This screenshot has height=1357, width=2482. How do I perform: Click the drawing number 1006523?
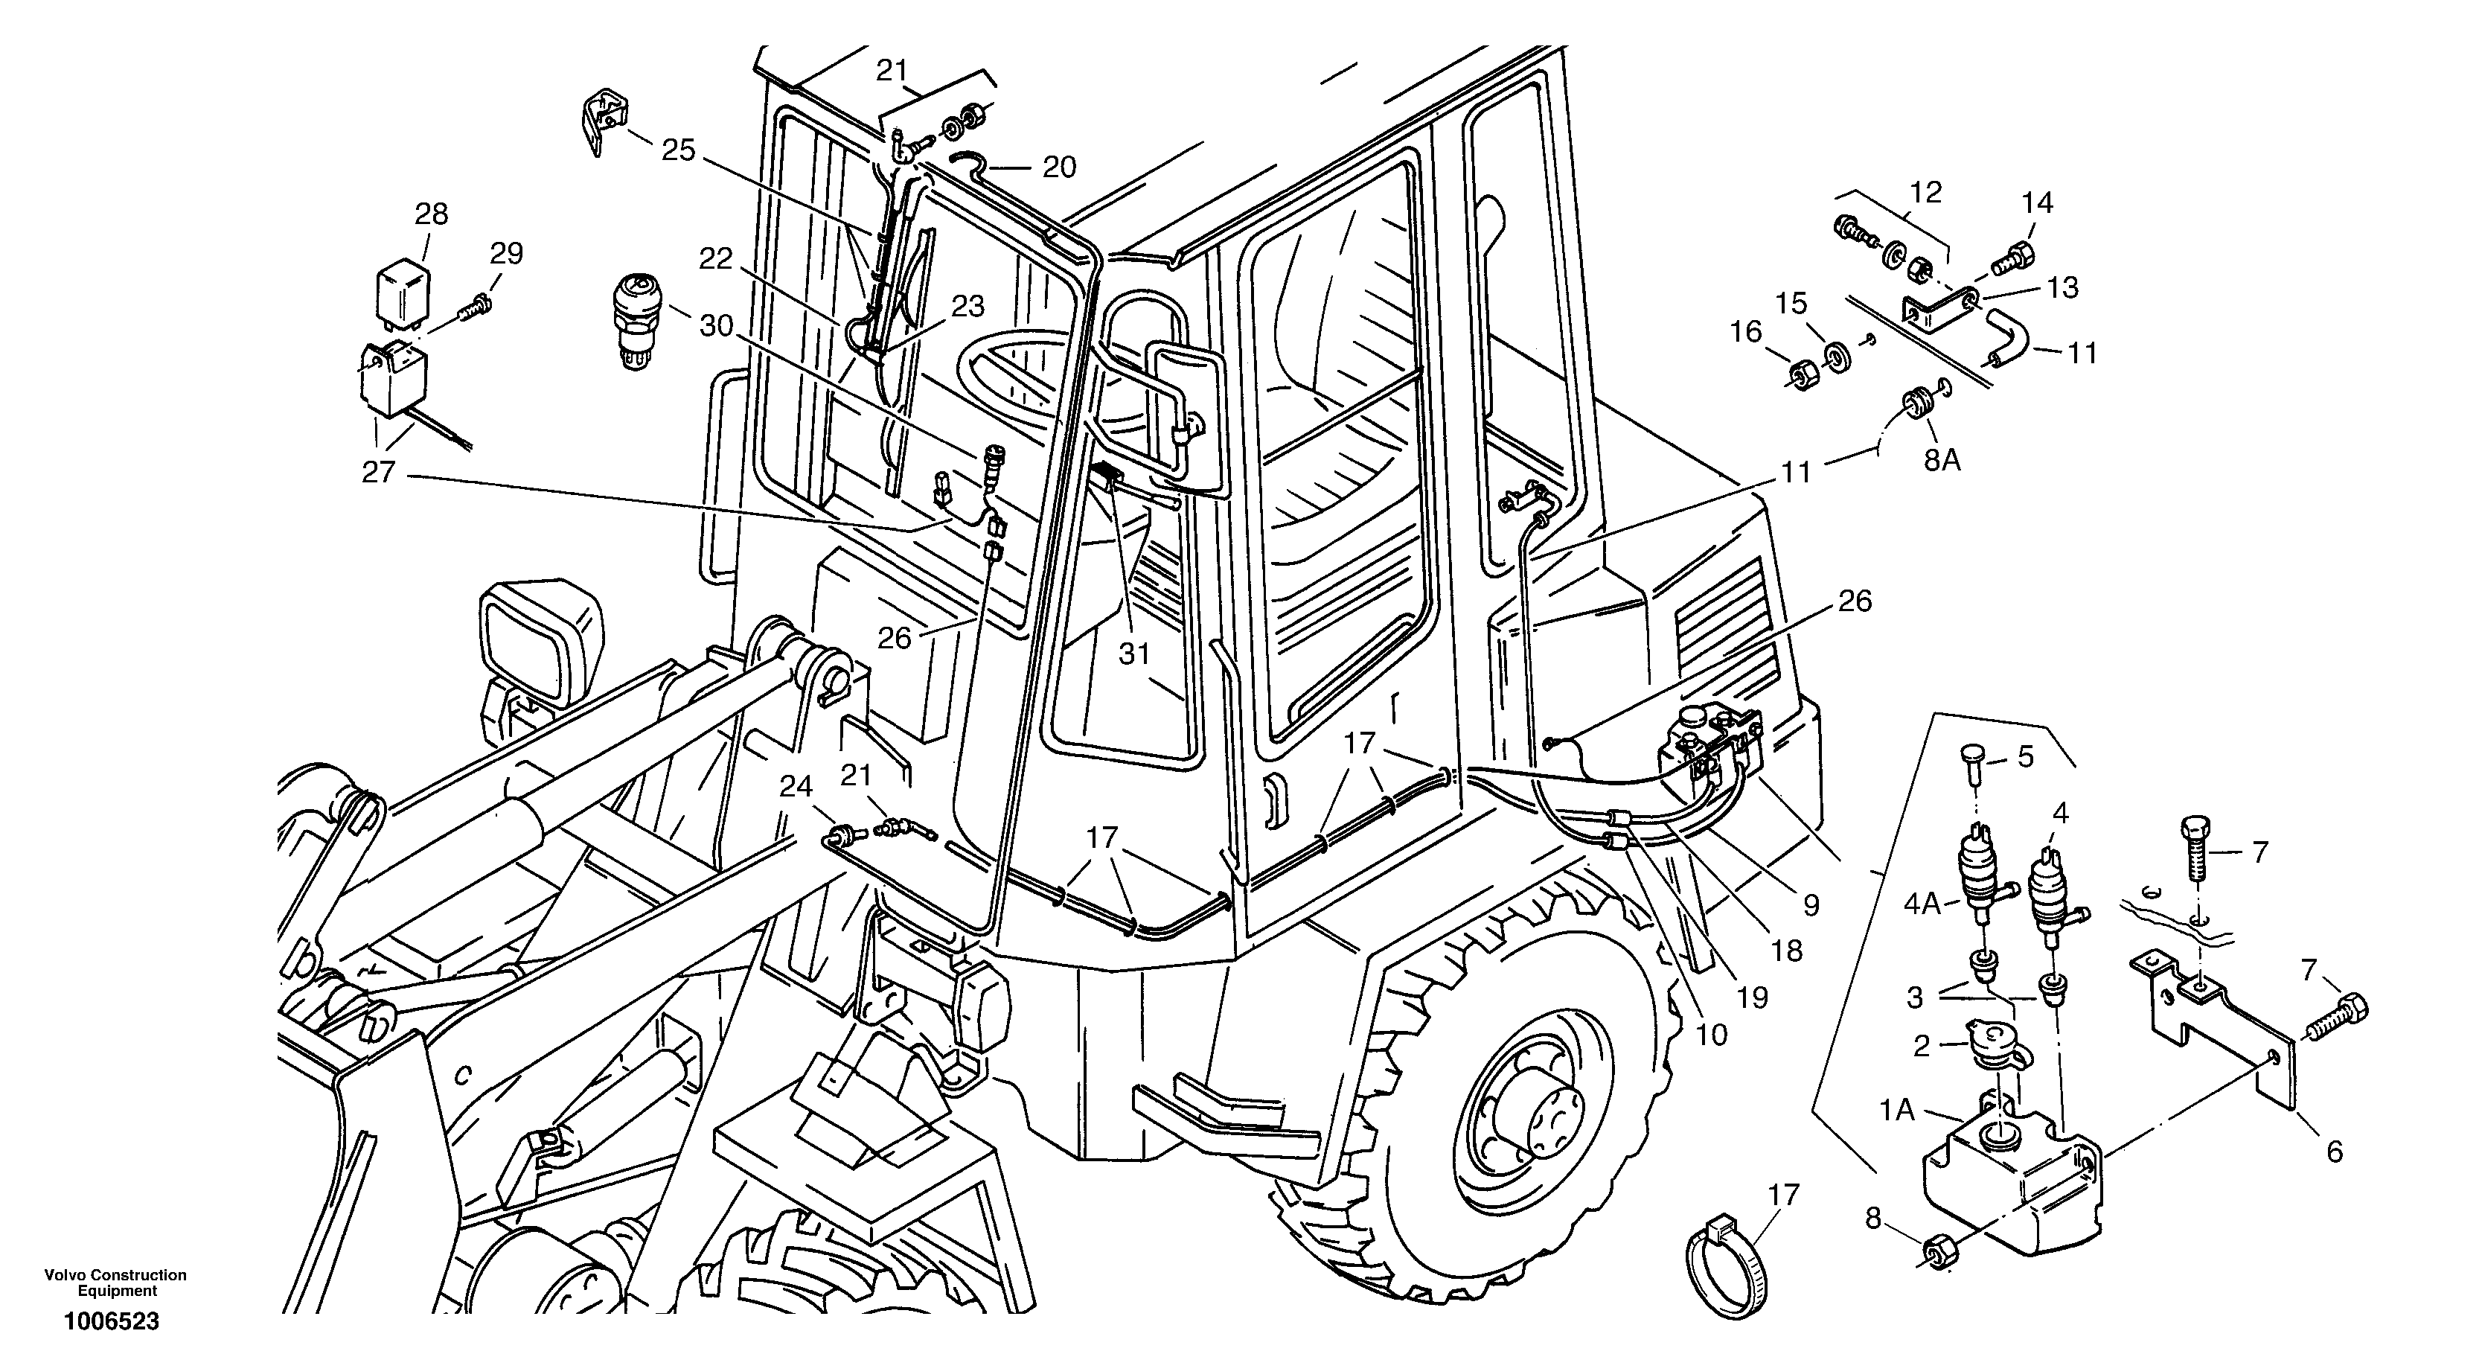coord(112,1321)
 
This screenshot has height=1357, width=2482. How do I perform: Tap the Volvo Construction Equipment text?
coord(115,1283)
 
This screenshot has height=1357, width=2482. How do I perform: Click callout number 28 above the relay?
coord(432,213)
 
